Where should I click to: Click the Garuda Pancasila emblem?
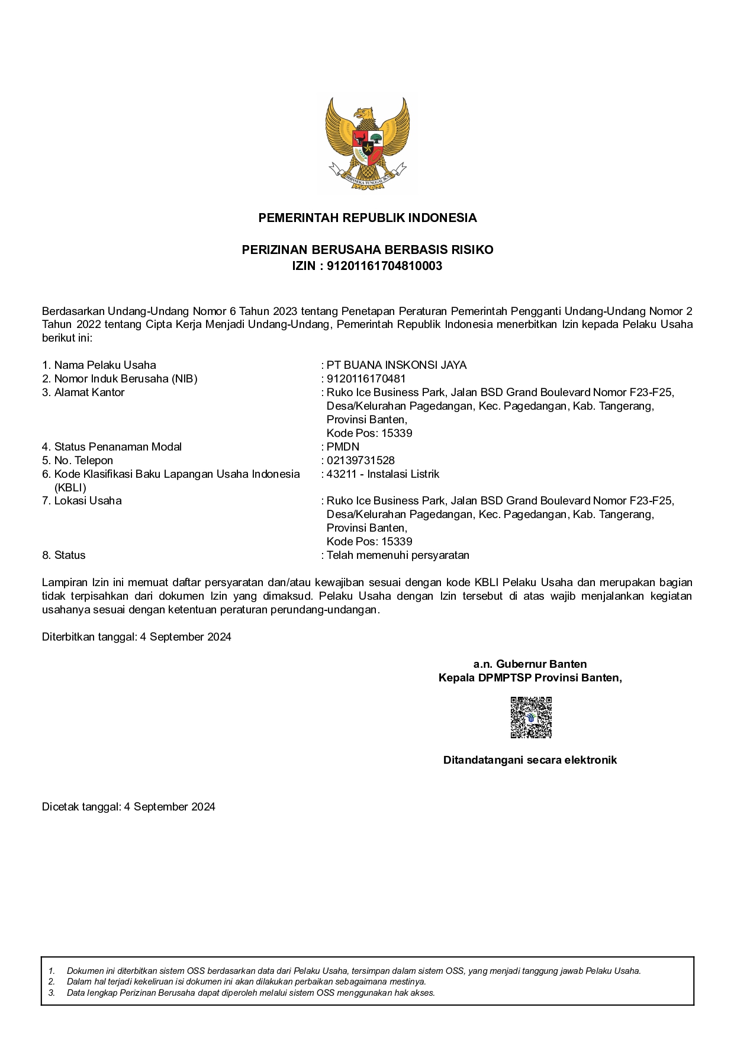[367, 143]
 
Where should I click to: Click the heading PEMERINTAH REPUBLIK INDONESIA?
[367, 218]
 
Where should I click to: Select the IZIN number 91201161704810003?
[384, 266]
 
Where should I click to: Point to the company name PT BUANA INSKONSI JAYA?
[396, 365]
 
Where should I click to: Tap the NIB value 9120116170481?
[366, 379]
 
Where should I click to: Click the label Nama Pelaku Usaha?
[105, 365]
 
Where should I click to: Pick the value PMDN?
[343, 447]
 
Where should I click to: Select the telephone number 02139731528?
[360, 461]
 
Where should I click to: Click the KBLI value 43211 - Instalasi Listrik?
[382, 474]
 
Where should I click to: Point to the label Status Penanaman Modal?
[117, 447]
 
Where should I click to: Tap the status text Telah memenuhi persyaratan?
[398, 555]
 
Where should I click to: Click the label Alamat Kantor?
[89, 393]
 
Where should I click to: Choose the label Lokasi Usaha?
[88, 501]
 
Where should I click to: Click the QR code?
[531, 718]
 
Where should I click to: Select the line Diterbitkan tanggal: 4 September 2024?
[136, 637]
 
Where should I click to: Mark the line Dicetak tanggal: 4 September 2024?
[128, 807]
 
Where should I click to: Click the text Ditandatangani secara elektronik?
[530, 760]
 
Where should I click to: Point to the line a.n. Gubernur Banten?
[530, 664]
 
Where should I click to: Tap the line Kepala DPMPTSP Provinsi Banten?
[530, 678]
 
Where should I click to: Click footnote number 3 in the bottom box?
[52, 993]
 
